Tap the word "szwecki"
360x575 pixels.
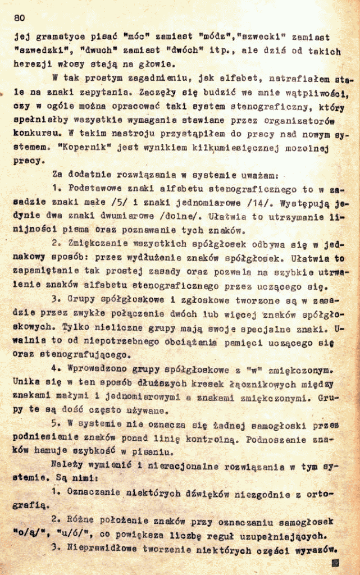[x=262, y=37]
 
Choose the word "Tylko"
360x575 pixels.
[x=74, y=327]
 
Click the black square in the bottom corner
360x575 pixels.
[x=336, y=562]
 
